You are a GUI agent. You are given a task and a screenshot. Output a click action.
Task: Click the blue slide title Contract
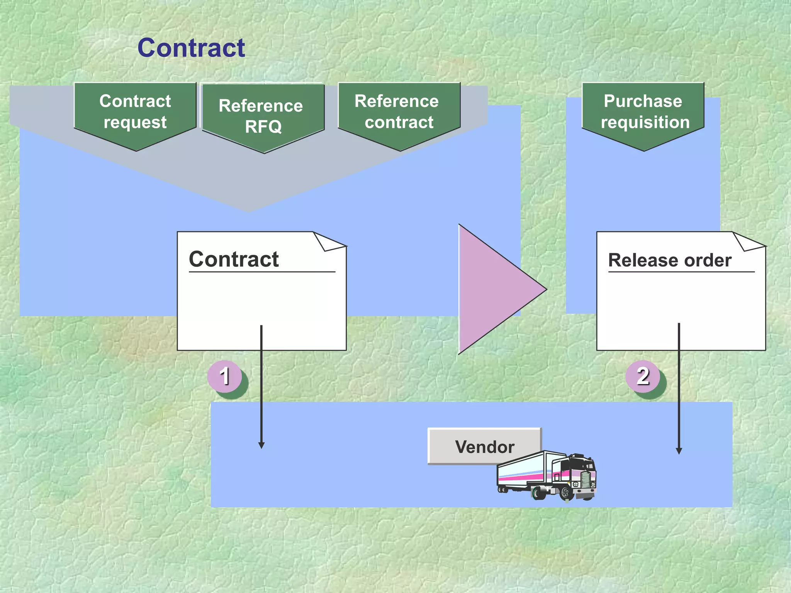(x=191, y=48)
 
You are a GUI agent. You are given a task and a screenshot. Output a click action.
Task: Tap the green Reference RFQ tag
(x=263, y=116)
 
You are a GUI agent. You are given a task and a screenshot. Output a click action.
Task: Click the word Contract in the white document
(x=234, y=259)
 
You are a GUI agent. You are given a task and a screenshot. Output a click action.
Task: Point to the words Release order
(x=670, y=260)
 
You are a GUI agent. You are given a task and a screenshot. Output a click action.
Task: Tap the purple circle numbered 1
(x=224, y=376)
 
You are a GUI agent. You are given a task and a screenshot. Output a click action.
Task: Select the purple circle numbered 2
(x=643, y=376)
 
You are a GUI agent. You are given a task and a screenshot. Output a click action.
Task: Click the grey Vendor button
(x=484, y=446)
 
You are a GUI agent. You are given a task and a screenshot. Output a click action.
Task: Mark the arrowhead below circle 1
(x=261, y=446)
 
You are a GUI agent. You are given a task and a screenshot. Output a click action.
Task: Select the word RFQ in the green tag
(x=263, y=127)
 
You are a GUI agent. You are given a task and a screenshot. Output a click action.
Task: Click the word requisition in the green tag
(x=645, y=123)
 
